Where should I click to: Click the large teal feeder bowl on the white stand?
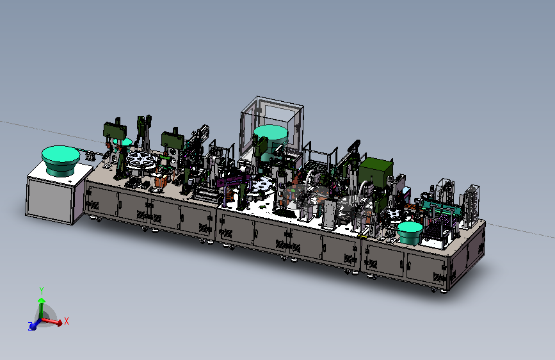tap(61, 160)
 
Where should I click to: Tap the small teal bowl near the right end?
tap(410, 233)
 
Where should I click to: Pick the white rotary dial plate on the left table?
tap(141, 161)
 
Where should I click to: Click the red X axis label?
tap(66, 321)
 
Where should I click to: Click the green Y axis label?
tap(42, 291)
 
